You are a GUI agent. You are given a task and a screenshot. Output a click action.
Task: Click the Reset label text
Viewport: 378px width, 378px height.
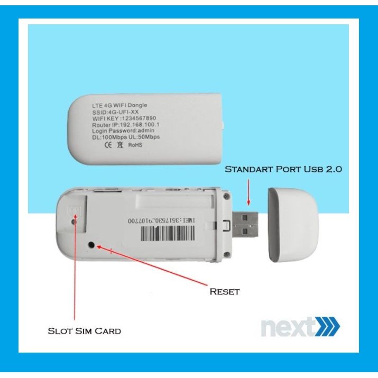coord(225,291)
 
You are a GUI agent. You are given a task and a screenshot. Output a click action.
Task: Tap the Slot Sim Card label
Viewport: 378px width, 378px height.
coord(85,331)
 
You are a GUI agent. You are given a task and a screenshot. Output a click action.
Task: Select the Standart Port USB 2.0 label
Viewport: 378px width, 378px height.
coord(284,169)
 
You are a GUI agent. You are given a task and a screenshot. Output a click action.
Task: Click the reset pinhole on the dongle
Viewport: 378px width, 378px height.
coord(93,245)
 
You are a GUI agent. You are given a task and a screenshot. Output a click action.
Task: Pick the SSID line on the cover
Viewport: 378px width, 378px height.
coord(113,112)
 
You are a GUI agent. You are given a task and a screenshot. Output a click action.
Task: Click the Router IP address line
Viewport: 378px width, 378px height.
coord(125,125)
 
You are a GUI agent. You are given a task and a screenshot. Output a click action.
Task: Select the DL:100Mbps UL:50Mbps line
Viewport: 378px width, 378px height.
coord(125,137)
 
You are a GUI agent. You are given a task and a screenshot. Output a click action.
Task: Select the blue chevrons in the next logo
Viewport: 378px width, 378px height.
coord(328,326)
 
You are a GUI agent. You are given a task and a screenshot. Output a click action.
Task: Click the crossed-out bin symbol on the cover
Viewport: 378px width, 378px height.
coord(121,144)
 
